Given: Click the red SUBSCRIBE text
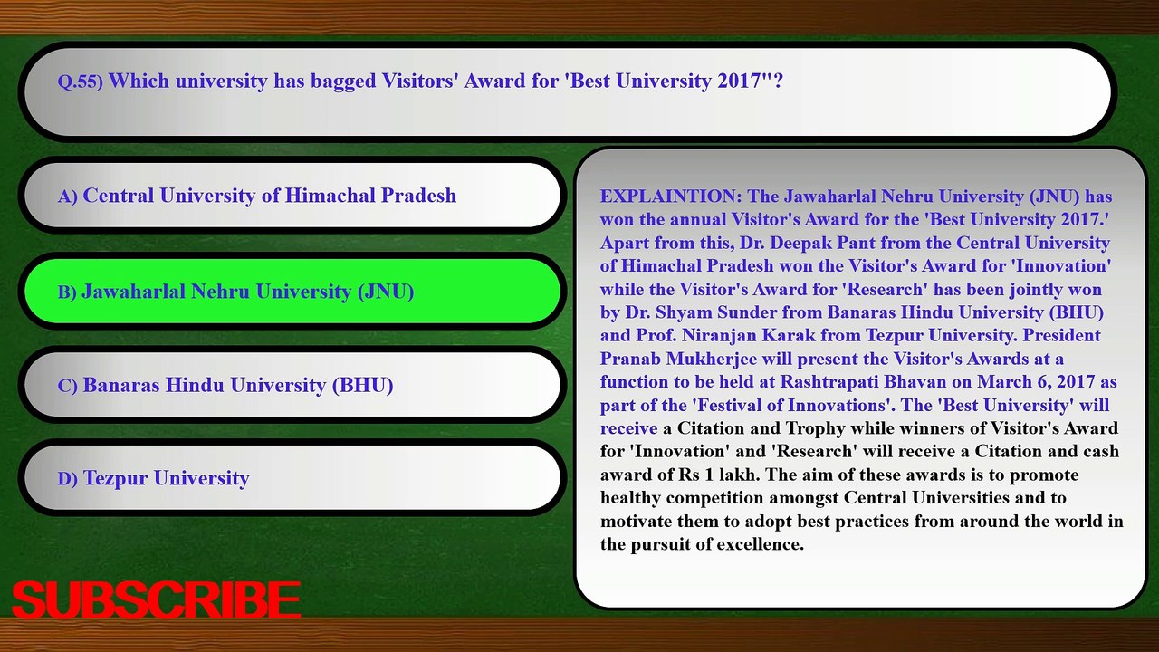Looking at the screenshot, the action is (x=156, y=600).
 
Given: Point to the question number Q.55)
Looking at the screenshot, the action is (x=81, y=81).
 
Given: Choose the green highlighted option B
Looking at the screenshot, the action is (x=292, y=291).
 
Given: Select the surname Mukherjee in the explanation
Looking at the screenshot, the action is (x=712, y=360).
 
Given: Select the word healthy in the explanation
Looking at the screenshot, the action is (x=630, y=498).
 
